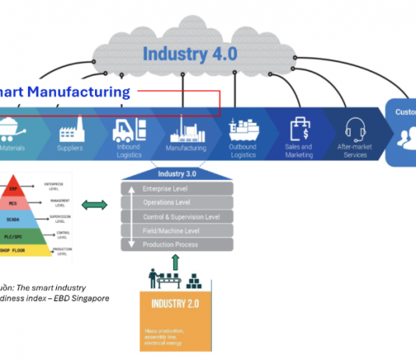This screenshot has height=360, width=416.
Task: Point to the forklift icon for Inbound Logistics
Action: [x=127, y=129]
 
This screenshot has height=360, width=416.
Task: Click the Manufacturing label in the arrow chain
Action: [x=187, y=148]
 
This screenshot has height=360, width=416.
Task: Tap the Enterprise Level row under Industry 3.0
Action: [x=177, y=189]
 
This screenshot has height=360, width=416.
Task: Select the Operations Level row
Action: [x=177, y=203]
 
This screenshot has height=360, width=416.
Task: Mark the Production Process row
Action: [x=177, y=244]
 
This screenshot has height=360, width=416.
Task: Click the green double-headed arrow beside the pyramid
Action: [x=94, y=205]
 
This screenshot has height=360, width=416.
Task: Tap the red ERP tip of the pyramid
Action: [x=12, y=189]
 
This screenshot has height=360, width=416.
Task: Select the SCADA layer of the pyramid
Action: [x=13, y=219]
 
